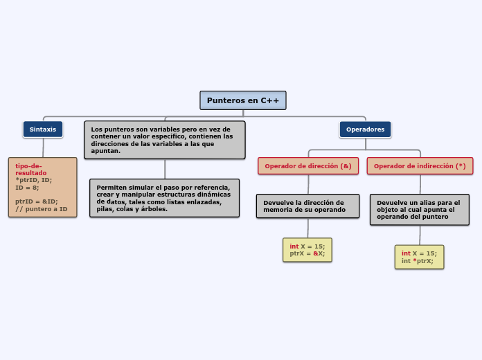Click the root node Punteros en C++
243,100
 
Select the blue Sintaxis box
43,129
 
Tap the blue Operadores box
365,129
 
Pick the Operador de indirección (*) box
420,166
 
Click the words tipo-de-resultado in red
30,169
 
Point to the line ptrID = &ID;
37,201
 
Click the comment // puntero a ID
42,208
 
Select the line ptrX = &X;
307,253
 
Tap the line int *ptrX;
418,261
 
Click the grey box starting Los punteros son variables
165,140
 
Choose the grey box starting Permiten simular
164,198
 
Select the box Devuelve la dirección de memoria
307,206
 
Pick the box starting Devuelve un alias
419,209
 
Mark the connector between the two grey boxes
165,169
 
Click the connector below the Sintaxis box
43,147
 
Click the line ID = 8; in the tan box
27,187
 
